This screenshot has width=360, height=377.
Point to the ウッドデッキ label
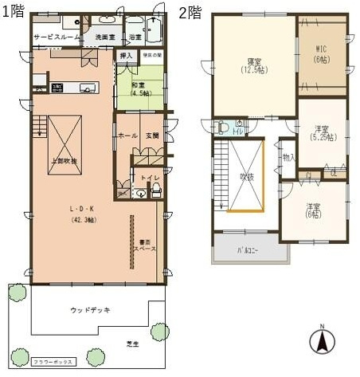coord(90,309)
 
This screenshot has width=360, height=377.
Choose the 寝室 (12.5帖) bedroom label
coord(252,65)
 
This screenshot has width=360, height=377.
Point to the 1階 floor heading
coord(13,12)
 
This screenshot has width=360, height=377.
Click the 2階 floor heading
coord(190,12)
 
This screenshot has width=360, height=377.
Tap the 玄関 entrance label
coord(152,136)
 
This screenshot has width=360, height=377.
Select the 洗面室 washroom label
coord(105,37)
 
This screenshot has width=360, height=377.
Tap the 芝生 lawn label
coord(132,344)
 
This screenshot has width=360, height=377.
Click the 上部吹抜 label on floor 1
coord(64,161)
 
